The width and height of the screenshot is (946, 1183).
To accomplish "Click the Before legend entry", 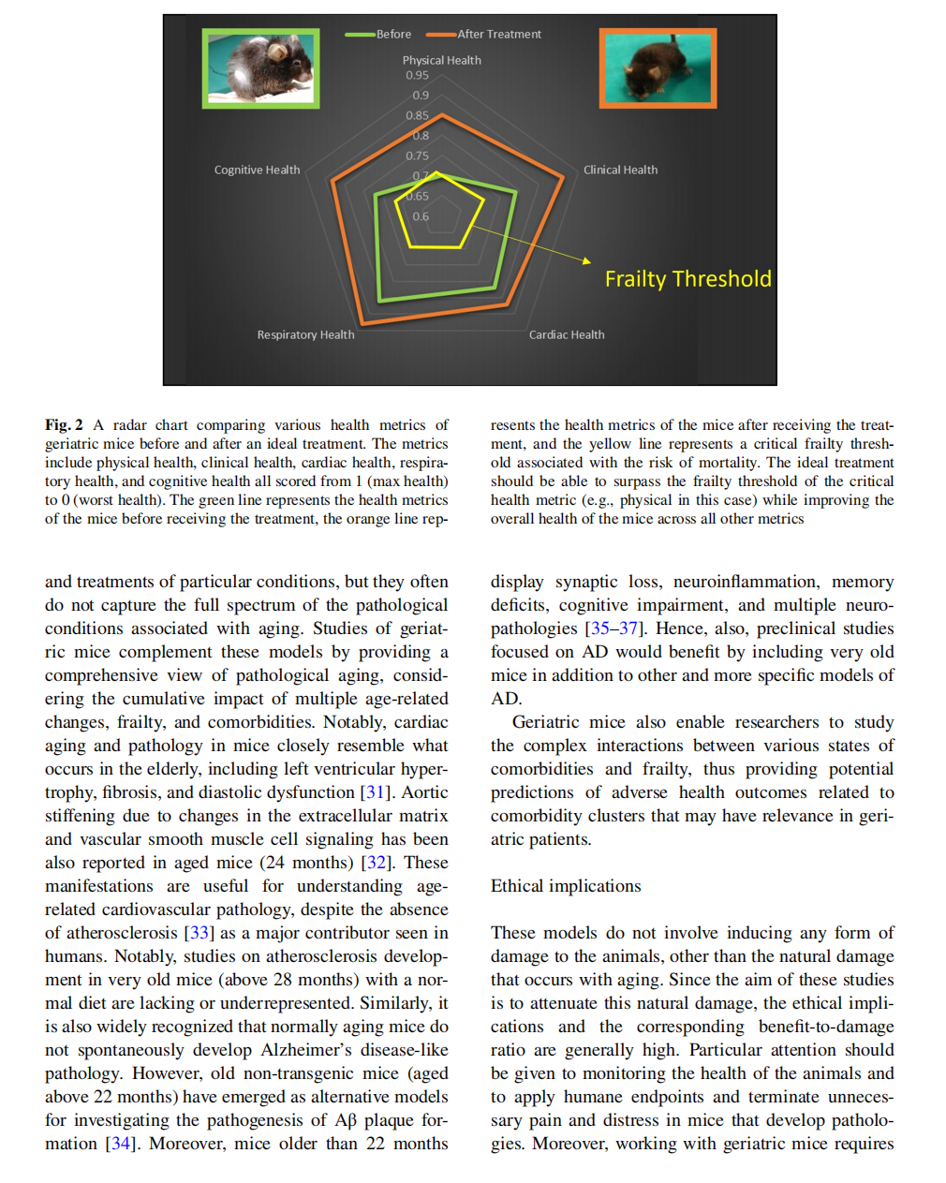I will [x=379, y=35].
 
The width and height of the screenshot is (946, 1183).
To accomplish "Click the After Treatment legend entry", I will [x=484, y=35].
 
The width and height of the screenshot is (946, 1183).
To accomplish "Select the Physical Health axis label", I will [x=442, y=60].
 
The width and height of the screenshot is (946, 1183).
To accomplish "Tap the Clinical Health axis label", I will [x=620, y=170].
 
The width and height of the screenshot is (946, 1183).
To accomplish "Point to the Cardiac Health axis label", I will [x=567, y=334].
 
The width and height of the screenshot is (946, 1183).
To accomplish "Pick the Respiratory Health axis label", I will [x=305, y=334].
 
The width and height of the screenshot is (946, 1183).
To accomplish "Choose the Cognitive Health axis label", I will [x=257, y=170].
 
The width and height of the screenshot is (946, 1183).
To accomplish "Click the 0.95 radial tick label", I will [x=417, y=75].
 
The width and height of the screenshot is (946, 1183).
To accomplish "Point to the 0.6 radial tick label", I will [x=421, y=216].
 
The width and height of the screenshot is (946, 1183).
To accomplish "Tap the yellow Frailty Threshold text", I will [x=687, y=279].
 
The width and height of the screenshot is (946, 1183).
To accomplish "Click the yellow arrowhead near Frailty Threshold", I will [x=587, y=260].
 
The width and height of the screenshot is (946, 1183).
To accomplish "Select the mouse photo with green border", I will [x=261, y=67].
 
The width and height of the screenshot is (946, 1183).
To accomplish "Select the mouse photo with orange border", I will [x=658, y=67].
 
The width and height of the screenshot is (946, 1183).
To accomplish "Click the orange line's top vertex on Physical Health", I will [x=442, y=115].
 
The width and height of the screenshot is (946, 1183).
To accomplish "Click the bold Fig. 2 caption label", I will [x=64, y=425].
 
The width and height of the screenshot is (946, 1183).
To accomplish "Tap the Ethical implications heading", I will [x=566, y=886].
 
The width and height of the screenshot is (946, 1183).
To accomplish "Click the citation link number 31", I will [x=376, y=792].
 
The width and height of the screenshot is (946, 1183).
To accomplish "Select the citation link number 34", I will [x=120, y=1144].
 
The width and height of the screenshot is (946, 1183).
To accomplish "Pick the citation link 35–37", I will [x=615, y=628].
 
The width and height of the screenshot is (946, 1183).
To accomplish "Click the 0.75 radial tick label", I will [x=417, y=155].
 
